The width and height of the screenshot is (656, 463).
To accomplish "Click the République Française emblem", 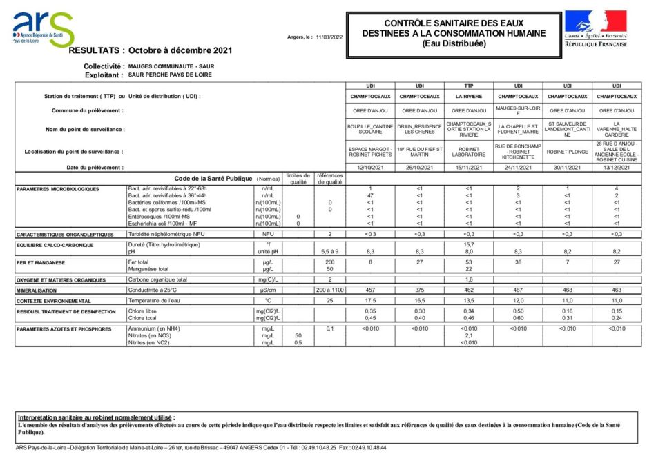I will (595, 28).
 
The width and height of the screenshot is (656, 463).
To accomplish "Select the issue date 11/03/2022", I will (329, 37).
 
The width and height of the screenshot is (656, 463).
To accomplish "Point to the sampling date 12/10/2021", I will (370, 167).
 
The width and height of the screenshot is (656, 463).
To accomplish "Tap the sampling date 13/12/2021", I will (617, 167).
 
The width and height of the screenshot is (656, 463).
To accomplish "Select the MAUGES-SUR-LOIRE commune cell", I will (518, 110).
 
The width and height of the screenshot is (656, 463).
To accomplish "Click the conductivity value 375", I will (419, 290).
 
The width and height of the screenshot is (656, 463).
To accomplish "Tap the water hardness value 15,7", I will (468, 245).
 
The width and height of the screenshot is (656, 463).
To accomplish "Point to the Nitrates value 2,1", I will (468, 335).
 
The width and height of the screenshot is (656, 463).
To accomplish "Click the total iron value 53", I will (468, 262).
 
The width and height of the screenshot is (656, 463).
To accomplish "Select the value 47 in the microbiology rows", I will (370, 195).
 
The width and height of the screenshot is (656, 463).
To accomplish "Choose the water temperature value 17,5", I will (370, 301).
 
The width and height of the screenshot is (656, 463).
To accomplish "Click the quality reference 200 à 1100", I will (330, 290).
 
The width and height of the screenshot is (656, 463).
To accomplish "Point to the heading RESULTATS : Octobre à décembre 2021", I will (151, 50).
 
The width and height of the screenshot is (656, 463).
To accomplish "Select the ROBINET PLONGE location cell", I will (567, 151).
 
